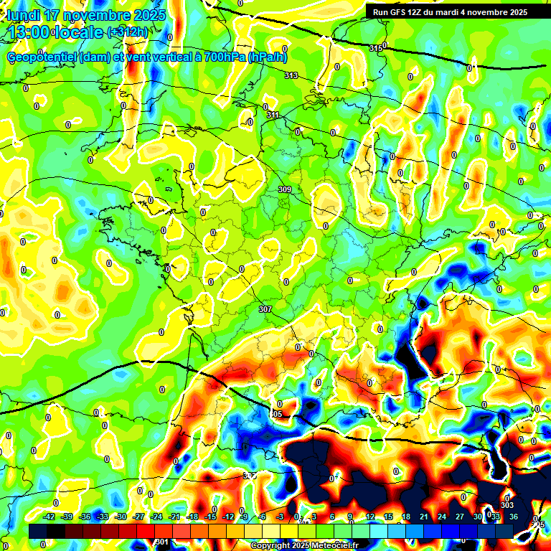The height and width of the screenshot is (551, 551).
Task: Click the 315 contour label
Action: (376, 48)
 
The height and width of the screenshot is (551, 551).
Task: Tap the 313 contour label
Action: (291, 75)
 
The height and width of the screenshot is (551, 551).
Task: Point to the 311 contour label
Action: (273, 115)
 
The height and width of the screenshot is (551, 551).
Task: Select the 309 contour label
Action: (285, 189)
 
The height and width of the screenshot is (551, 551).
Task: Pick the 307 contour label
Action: (265, 309)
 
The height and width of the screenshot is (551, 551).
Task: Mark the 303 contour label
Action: (507, 505)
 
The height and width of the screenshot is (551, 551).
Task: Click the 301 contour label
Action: (162, 542)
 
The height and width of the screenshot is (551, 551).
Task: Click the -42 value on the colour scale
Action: (50, 517)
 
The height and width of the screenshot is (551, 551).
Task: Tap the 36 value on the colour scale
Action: (513, 517)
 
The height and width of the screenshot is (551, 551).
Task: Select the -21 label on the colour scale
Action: (174, 517)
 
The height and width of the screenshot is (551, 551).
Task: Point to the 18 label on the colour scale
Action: (405, 517)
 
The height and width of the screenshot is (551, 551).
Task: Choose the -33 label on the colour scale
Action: (103, 517)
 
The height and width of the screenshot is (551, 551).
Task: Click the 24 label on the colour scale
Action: (441, 517)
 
